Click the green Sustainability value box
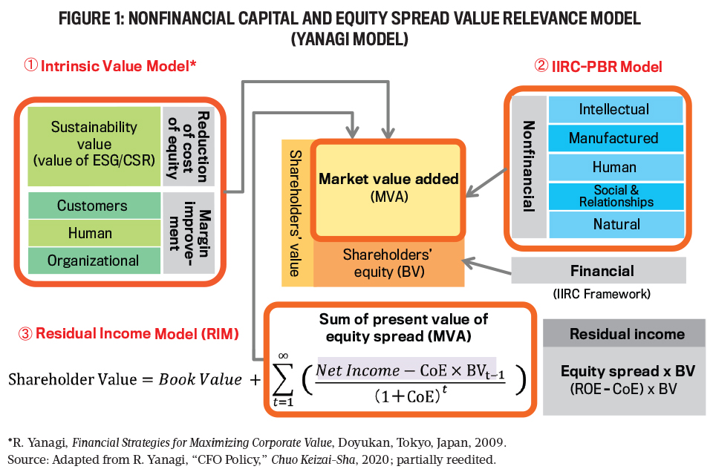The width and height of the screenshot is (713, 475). (94, 145)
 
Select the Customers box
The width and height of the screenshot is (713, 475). (93, 206)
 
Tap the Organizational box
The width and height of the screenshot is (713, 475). (93, 261)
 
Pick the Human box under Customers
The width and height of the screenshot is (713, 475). (93, 233)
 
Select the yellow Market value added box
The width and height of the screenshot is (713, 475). (388, 188)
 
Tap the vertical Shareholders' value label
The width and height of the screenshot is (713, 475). (295, 212)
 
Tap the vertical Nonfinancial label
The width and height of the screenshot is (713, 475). (529, 167)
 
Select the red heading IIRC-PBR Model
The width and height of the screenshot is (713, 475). (598, 66)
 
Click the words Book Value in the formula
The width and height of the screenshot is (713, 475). (201, 379)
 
